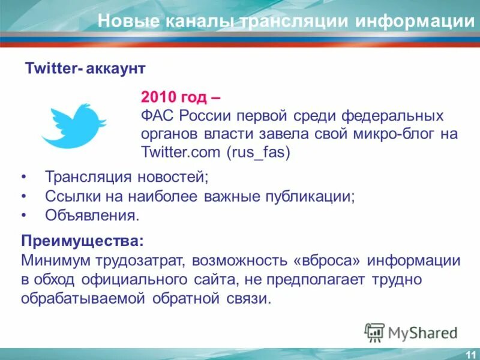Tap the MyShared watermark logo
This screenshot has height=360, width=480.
(x=412, y=332)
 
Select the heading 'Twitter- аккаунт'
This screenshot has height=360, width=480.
(x=85, y=68)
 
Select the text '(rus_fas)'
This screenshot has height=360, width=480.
(x=258, y=152)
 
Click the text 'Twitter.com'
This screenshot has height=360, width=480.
(x=181, y=152)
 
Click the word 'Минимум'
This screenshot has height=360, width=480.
(x=52, y=260)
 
